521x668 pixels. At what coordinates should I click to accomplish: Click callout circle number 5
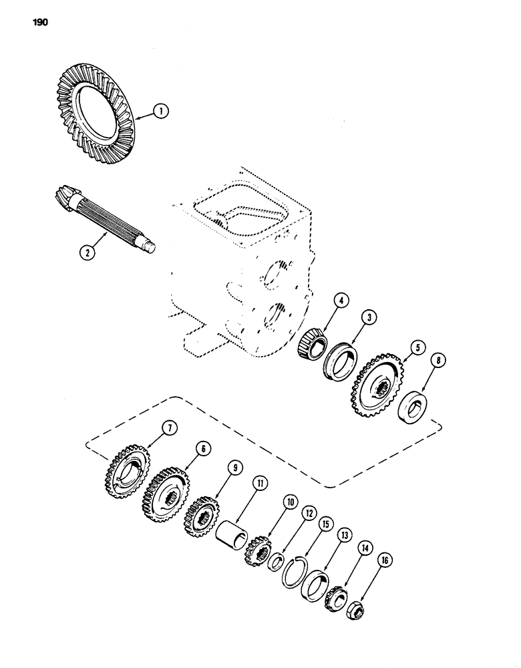[x=417, y=347]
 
